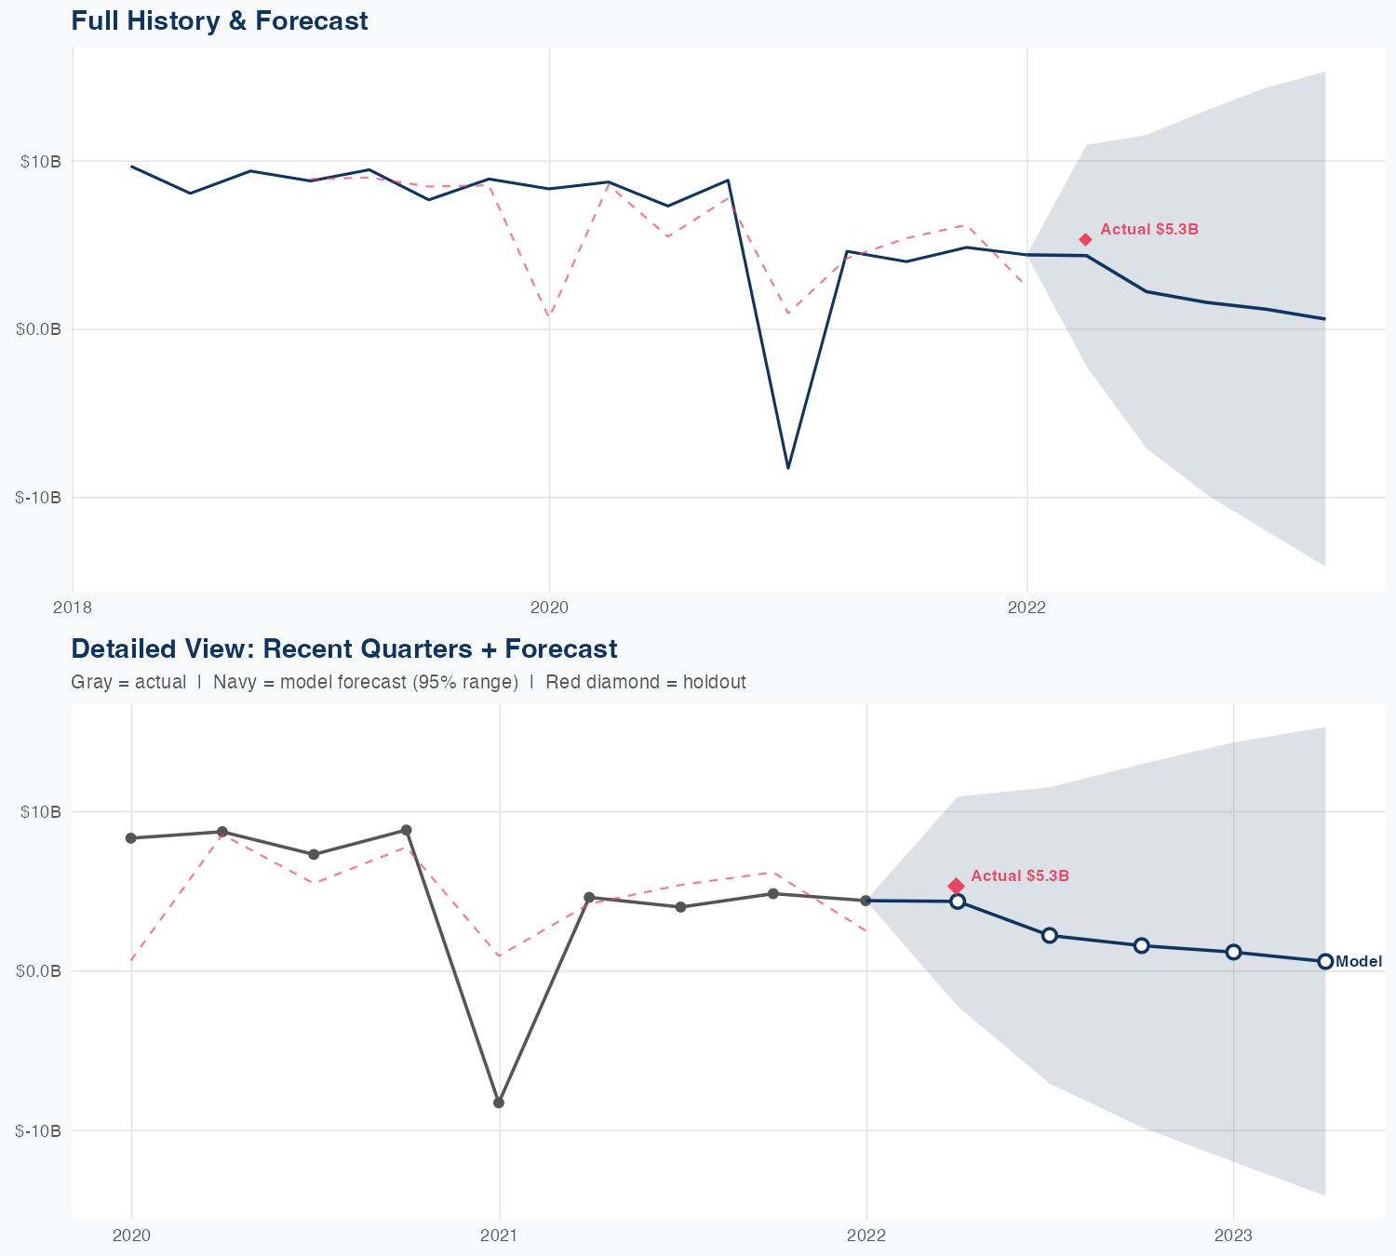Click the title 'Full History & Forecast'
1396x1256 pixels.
(x=220, y=20)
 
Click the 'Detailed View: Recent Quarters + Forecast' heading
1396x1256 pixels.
(x=343, y=648)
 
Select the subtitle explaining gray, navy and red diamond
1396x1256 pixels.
(x=408, y=682)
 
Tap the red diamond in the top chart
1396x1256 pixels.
(x=1085, y=240)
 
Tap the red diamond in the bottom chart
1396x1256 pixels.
(x=956, y=886)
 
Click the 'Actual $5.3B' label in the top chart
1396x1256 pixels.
(x=1148, y=229)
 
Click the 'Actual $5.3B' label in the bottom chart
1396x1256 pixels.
(x=1019, y=875)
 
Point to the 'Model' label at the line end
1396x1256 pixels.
(x=1359, y=962)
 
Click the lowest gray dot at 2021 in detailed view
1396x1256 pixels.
(x=499, y=1102)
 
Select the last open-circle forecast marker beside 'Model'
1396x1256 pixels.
(x=1325, y=961)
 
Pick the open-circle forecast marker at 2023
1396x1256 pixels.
(x=1233, y=952)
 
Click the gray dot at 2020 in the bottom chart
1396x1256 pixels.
(x=131, y=838)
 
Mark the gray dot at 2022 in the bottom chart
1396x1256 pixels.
(x=866, y=901)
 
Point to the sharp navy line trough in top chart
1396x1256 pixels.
(x=788, y=467)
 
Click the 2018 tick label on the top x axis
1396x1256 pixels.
(x=73, y=608)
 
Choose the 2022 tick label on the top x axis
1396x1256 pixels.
(x=1027, y=608)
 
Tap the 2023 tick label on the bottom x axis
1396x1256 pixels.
(x=1233, y=1236)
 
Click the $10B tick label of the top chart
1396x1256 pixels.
(x=41, y=161)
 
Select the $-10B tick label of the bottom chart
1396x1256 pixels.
(x=38, y=1130)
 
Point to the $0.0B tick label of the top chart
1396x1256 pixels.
(x=39, y=329)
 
